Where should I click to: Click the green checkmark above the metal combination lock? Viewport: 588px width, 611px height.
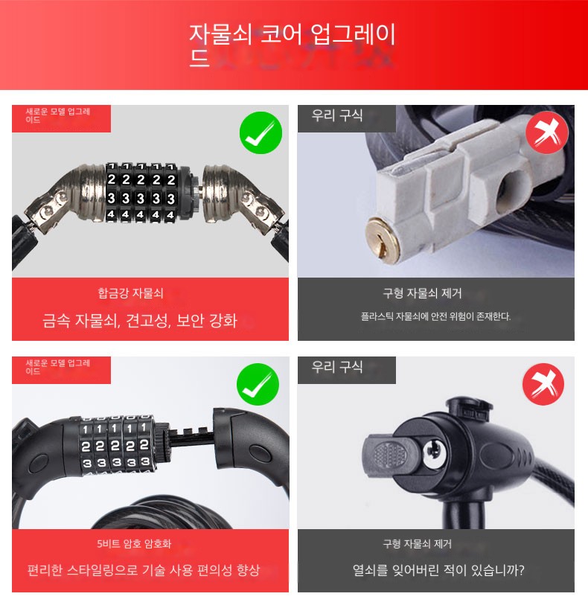click(x=261, y=132)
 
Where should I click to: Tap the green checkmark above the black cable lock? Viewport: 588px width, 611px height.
click(x=258, y=384)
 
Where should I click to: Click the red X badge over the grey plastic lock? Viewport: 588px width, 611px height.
click(x=547, y=132)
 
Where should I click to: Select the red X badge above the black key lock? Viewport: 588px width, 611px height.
click(x=543, y=384)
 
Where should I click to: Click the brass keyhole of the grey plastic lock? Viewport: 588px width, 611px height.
click(x=383, y=240)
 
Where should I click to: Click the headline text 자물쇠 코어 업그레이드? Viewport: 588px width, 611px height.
click(x=293, y=45)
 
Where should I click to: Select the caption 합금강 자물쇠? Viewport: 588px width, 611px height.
click(x=130, y=293)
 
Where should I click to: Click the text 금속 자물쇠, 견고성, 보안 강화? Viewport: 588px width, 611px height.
click(x=139, y=320)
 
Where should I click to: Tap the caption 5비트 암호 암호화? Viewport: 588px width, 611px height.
click(x=134, y=543)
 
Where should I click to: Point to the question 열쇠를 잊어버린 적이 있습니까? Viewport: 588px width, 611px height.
click(x=438, y=570)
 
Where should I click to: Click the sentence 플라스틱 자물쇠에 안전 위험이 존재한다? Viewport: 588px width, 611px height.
click(x=435, y=316)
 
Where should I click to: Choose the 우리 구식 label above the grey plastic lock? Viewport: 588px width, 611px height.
click(x=337, y=115)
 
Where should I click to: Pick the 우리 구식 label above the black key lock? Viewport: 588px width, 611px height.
click(x=337, y=367)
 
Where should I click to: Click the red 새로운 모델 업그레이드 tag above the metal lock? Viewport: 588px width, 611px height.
click(x=62, y=118)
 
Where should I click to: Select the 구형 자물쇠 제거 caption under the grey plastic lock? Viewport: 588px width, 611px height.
click(x=423, y=293)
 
